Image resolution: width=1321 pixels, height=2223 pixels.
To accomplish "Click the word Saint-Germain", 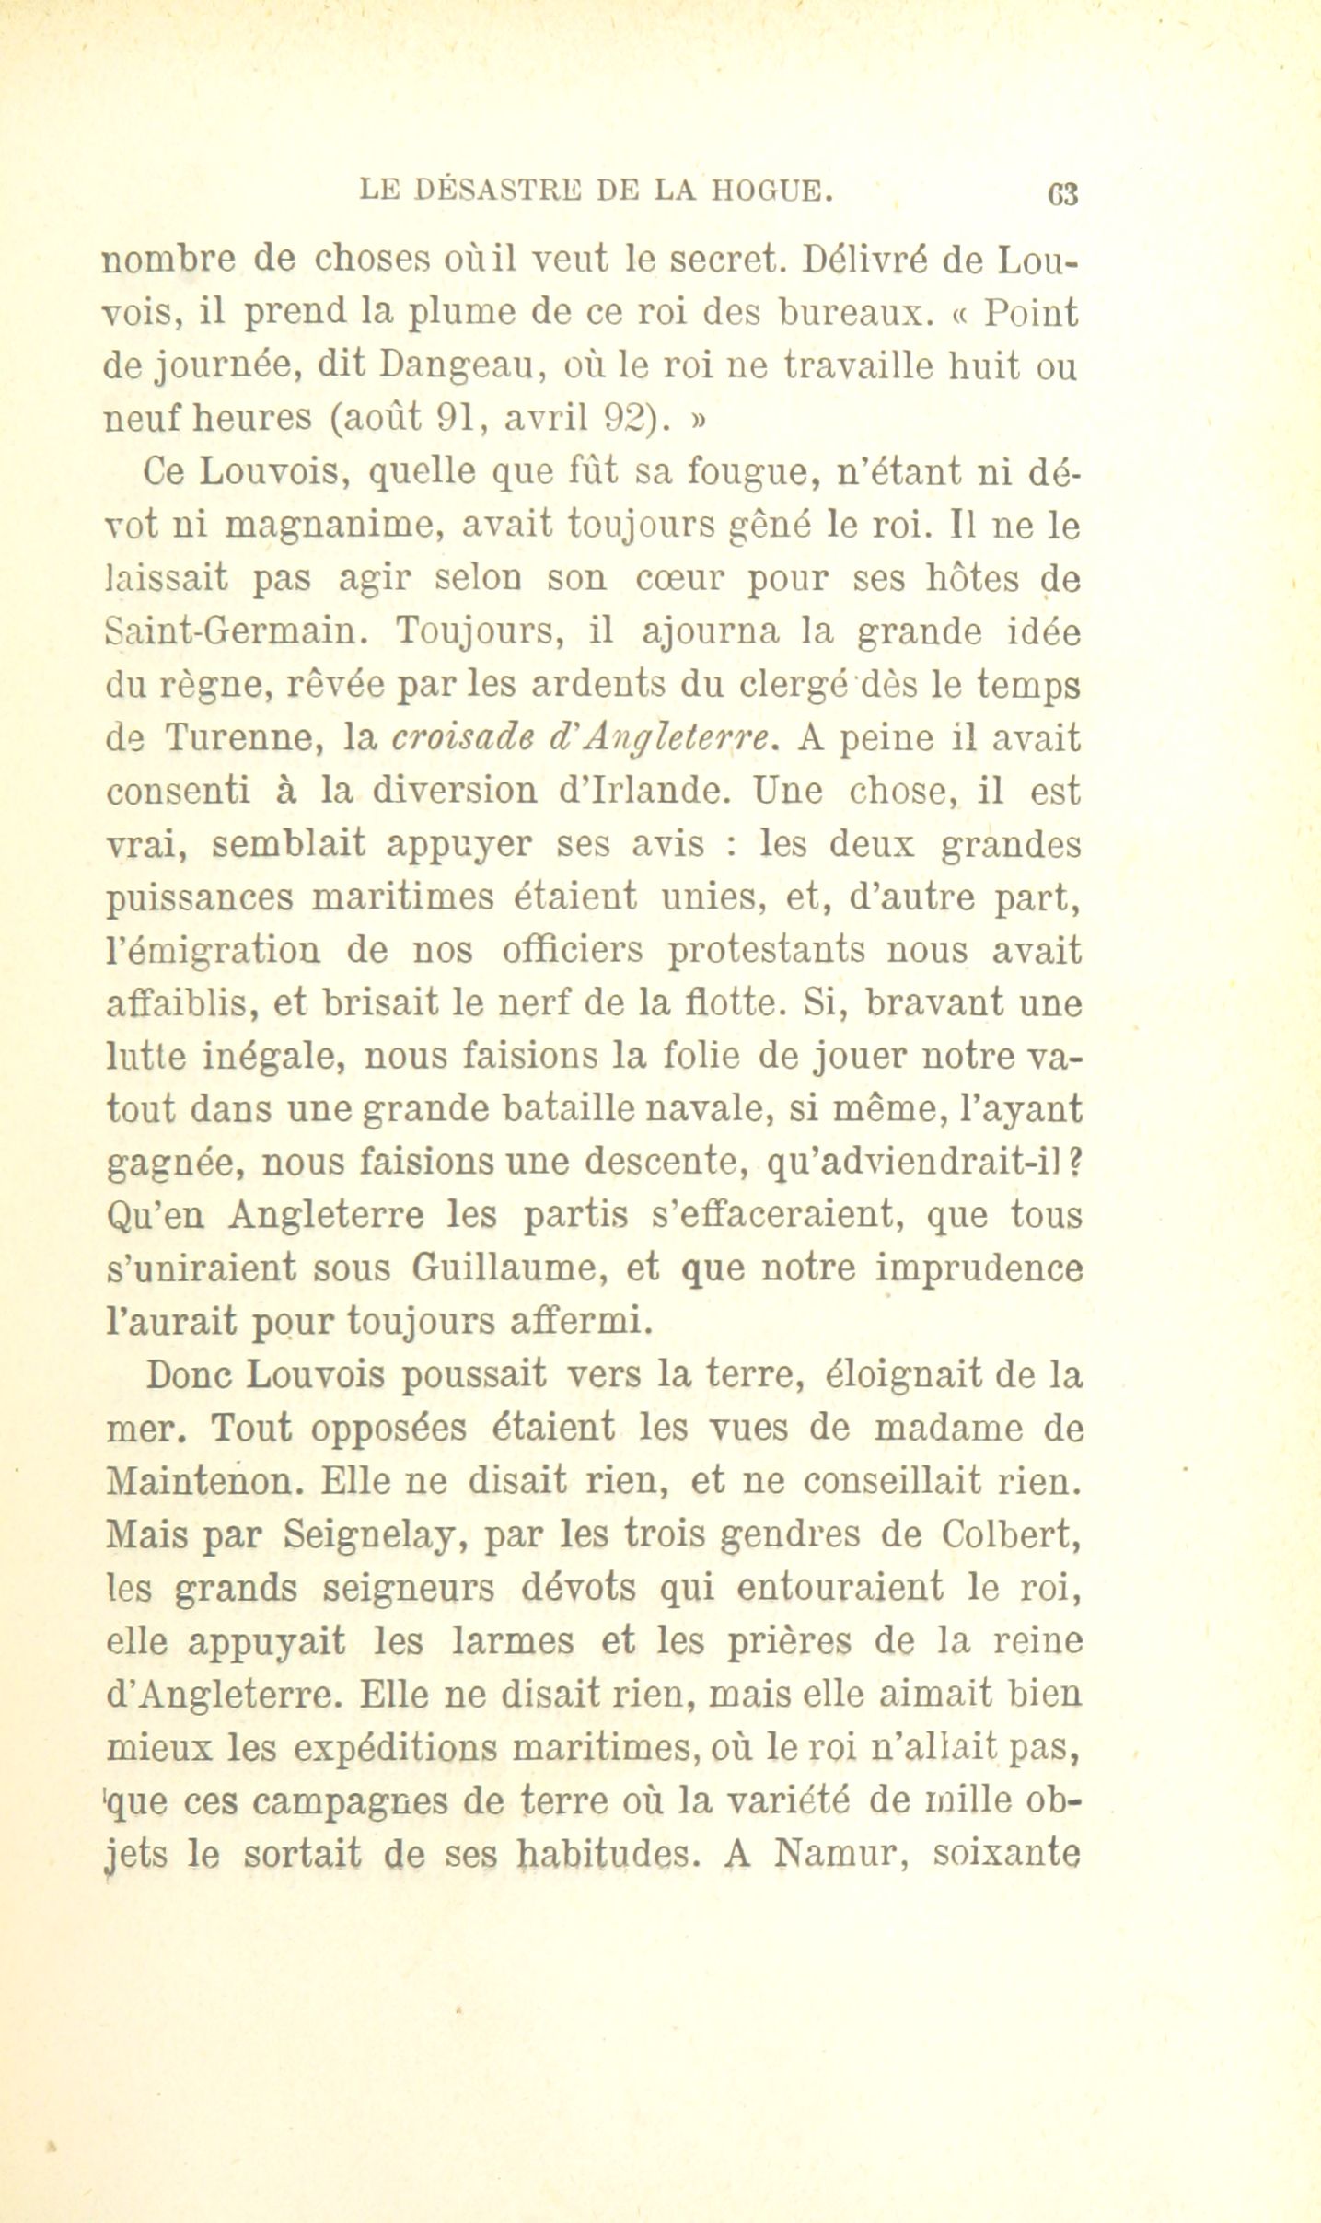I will (x=230, y=632).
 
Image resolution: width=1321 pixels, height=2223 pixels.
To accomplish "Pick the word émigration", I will (x=214, y=950).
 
